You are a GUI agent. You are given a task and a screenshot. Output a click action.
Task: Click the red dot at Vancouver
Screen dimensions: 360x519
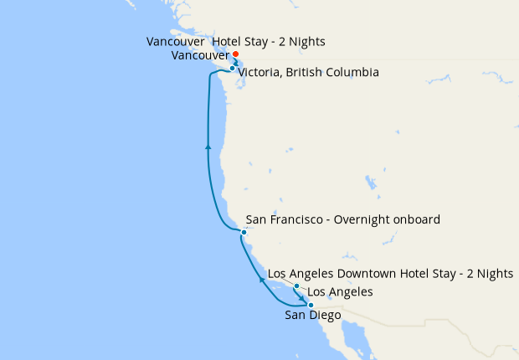[x=235, y=55]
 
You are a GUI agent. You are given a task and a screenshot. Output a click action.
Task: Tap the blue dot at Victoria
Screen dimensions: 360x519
[x=232, y=69]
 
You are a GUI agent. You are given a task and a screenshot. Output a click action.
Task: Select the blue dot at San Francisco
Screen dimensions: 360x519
[x=244, y=232]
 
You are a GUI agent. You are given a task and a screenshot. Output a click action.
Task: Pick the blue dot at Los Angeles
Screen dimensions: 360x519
[x=296, y=287]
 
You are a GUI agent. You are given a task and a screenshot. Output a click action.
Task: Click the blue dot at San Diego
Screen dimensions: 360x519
[x=311, y=305]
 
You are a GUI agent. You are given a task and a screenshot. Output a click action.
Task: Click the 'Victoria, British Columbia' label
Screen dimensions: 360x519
[x=308, y=73]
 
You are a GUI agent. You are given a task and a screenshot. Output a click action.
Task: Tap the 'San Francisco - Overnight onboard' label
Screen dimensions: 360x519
[x=343, y=220]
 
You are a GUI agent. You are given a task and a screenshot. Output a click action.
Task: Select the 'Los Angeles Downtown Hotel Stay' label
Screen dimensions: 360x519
[x=390, y=274]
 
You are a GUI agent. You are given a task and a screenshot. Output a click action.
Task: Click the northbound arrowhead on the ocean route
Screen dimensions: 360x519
[x=208, y=147]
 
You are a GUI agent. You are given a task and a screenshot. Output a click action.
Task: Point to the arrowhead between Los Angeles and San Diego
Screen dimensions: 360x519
[x=303, y=297]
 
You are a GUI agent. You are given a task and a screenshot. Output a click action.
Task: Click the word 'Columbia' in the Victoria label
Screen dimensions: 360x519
[x=354, y=73]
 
